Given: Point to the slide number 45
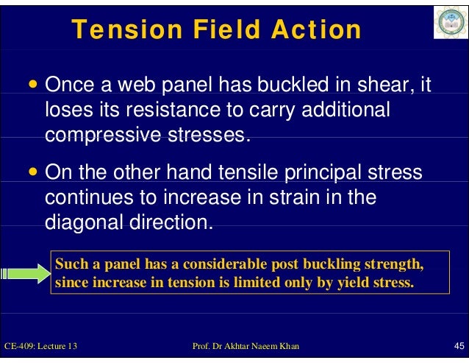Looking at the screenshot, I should click(x=457, y=346).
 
